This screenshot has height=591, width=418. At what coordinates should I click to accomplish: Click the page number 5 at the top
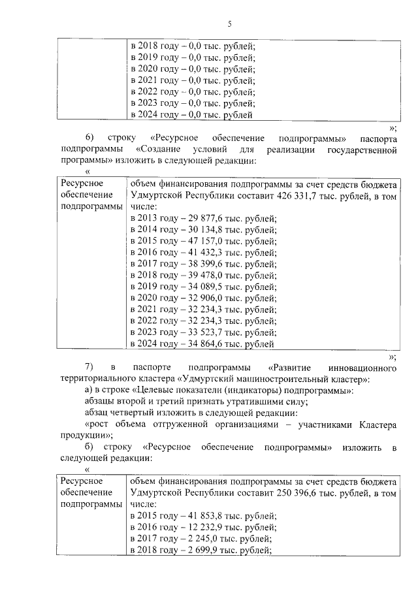230,25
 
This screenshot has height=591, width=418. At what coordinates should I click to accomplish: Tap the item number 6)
90,139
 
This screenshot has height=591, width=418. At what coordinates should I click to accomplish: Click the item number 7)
90,366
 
